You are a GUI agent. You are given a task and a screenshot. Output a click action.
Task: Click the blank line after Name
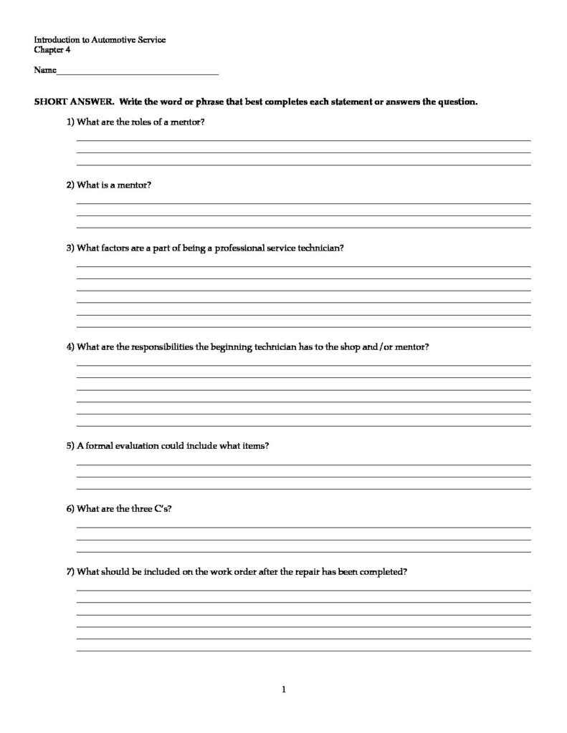click(137, 72)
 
